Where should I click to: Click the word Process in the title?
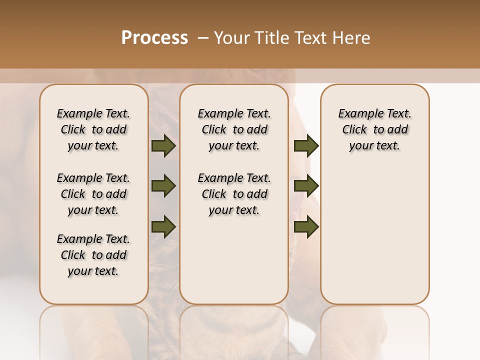[154, 38]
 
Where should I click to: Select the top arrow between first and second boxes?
[163, 146]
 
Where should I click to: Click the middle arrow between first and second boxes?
[163, 186]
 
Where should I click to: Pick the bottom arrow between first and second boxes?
[163, 226]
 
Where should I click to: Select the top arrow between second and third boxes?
[306, 146]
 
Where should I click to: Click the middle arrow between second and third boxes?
[306, 186]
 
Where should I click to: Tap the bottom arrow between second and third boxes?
[306, 226]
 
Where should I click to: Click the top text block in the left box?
[93, 129]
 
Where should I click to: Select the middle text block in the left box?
[93, 194]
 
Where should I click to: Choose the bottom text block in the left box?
[93, 255]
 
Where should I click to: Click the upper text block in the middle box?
[234, 129]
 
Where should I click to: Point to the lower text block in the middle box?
[234, 194]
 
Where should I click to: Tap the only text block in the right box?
[375, 129]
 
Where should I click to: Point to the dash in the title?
[203, 38]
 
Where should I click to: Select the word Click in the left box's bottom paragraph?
[73, 255]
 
